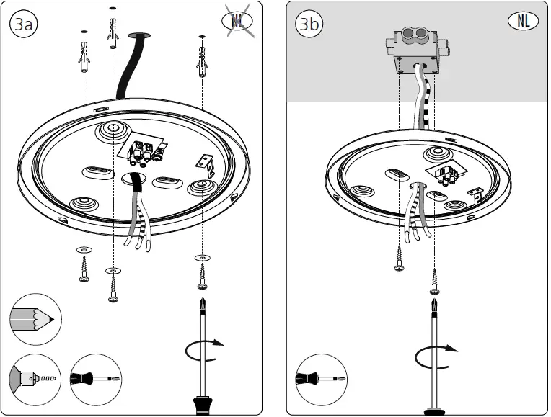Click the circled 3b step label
click(x=309, y=24)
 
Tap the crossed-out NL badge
click(x=238, y=21)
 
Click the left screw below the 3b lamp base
click(x=399, y=256)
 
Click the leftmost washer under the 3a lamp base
click(x=84, y=249)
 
